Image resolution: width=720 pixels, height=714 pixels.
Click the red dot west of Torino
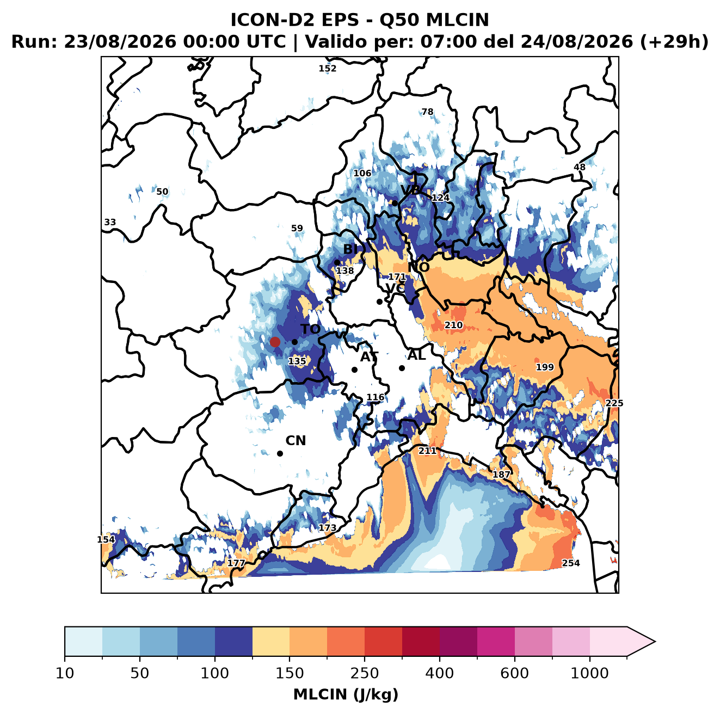(275, 342)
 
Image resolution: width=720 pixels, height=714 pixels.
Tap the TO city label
(310, 329)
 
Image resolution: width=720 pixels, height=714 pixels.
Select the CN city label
(296, 441)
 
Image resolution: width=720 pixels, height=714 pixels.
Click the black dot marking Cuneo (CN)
(280, 453)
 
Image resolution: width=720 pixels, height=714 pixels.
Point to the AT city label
(369, 357)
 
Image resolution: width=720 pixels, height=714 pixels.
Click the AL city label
(416, 355)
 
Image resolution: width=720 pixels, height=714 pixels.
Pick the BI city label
(350, 249)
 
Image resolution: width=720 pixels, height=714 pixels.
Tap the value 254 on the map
(570, 563)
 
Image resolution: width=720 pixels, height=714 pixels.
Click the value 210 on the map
(453, 325)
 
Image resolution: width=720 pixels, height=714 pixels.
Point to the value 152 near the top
(327, 69)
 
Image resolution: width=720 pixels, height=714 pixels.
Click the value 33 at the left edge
(110, 222)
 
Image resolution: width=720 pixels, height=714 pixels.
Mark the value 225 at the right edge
(614, 403)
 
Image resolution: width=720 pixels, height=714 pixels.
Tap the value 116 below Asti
(375, 397)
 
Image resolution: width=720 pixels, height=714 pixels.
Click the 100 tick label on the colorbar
(215, 673)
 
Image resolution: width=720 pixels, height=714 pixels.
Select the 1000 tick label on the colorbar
(589, 673)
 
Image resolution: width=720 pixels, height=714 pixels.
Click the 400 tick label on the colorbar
(439, 673)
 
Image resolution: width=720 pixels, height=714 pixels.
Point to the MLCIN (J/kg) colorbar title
(346, 694)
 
